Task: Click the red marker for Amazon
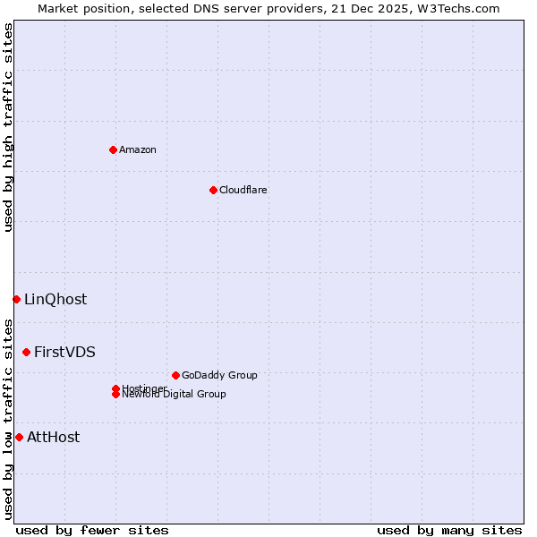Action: pyautogui.click(x=113, y=149)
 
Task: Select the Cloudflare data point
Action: pyautogui.click(x=213, y=190)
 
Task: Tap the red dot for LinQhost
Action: pyautogui.click(x=16, y=299)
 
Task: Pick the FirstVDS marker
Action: pyautogui.click(x=26, y=352)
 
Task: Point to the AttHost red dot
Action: pyautogui.click(x=19, y=437)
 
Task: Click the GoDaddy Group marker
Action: pyautogui.click(x=175, y=375)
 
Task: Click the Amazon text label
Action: pyautogui.click(x=138, y=149)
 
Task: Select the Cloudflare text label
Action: pyautogui.click(x=243, y=190)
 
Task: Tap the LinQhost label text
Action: pyautogui.click(x=55, y=299)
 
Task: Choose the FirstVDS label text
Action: pyautogui.click(x=64, y=352)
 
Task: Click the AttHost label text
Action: pyautogui.click(x=53, y=437)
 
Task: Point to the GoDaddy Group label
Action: pyautogui.click(x=219, y=375)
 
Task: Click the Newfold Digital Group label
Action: pyautogui.click(x=175, y=395)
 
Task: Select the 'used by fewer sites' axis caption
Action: pyautogui.click(x=92, y=530)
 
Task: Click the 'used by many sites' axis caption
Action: pyautogui.click(x=449, y=530)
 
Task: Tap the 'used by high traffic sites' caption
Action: pyautogui.click(x=8, y=127)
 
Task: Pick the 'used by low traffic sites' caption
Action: pyautogui.click(x=8, y=419)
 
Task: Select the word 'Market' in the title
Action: pyautogui.click(x=56, y=8)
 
